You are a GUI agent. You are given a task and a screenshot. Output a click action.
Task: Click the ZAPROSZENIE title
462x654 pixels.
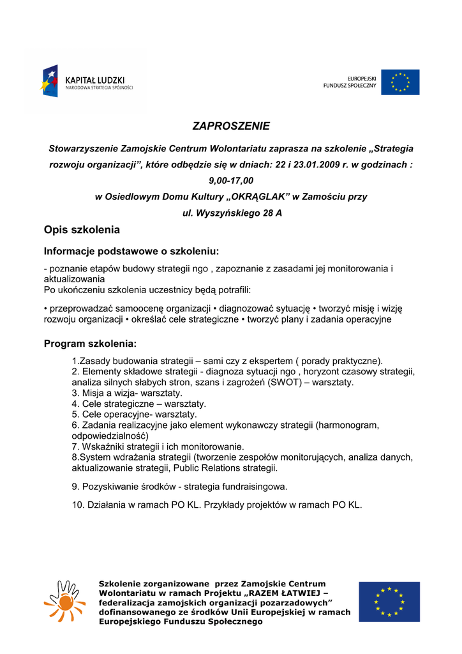coord(231,126)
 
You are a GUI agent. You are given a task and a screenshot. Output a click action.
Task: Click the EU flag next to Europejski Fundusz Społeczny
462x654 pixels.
coord(400,82)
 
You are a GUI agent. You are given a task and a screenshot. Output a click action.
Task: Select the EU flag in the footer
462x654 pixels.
coord(389,602)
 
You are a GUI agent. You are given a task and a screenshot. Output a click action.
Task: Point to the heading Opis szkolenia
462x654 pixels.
coord(82,230)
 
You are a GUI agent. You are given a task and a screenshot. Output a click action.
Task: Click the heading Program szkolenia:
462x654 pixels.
coord(90,344)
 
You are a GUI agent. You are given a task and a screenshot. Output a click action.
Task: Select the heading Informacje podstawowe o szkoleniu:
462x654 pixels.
coord(131,251)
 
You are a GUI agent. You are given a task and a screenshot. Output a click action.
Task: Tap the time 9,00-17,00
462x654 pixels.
coord(231,181)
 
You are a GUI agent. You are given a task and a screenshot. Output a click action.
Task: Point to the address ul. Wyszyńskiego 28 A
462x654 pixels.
coord(232,213)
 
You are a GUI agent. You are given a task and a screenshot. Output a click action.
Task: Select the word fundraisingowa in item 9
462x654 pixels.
coord(253,487)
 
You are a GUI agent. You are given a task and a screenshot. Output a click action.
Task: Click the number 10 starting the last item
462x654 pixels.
coord(77,505)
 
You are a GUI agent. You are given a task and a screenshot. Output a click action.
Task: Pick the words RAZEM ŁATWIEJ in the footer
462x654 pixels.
coord(283,593)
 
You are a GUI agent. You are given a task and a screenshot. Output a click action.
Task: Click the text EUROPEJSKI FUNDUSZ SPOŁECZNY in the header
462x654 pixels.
coord(350,82)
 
